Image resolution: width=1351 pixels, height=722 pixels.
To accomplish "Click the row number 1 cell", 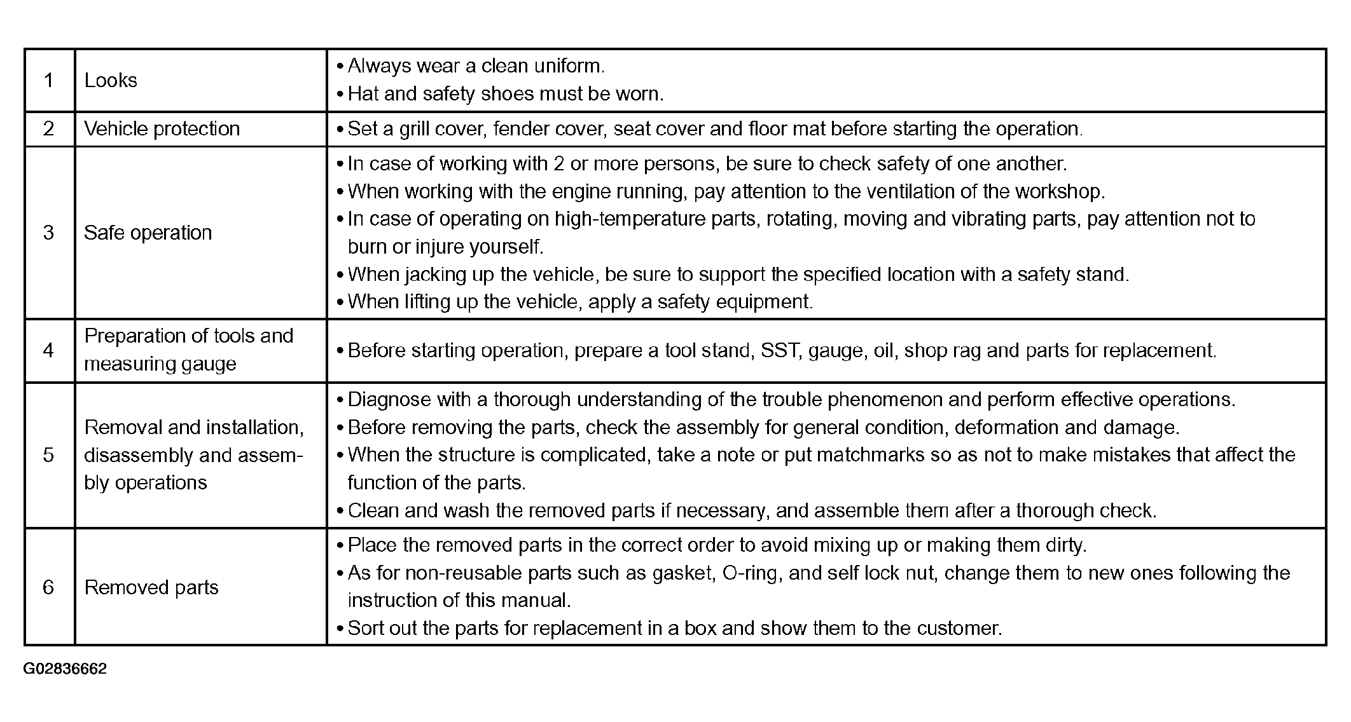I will click(x=48, y=81).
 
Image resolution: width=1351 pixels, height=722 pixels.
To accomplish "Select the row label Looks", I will click(x=111, y=81).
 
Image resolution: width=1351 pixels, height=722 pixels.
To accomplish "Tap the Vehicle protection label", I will click(x=162, y=129).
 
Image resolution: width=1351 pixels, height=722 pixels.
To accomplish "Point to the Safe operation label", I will click(x=148, y=233).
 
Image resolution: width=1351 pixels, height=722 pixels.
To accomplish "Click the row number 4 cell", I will click(x=48, y=350).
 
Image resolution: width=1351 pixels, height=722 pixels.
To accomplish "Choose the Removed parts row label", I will click(x=151, y=587).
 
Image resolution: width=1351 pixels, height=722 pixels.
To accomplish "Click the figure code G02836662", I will click(x=65, y=669).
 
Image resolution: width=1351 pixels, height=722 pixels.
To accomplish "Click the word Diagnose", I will click(x=388, y=400).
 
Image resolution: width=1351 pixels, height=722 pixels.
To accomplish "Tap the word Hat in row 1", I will click(x=363, y=94).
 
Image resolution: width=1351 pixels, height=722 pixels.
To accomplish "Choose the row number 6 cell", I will click(x=48, y=587).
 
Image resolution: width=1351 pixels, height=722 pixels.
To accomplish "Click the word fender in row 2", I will click(x=521, y=129).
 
